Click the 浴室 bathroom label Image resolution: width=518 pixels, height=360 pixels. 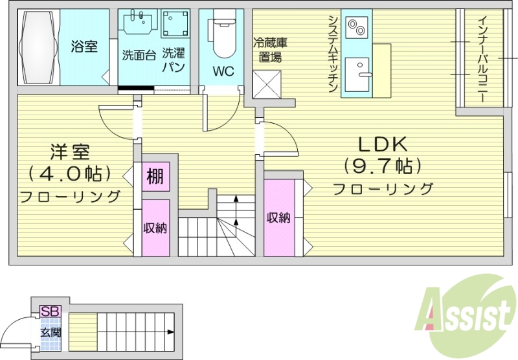pos(84,47)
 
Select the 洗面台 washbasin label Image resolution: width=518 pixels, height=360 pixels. pos(138,55)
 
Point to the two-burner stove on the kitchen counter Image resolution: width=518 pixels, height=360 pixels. pos(357,27)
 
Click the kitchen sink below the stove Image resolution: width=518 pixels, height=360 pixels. pos(357,74)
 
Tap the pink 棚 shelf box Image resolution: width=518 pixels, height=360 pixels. pos(155,175)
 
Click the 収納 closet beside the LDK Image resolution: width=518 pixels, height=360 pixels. pos(278,218)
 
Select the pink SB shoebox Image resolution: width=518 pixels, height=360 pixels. pos(49,311)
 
